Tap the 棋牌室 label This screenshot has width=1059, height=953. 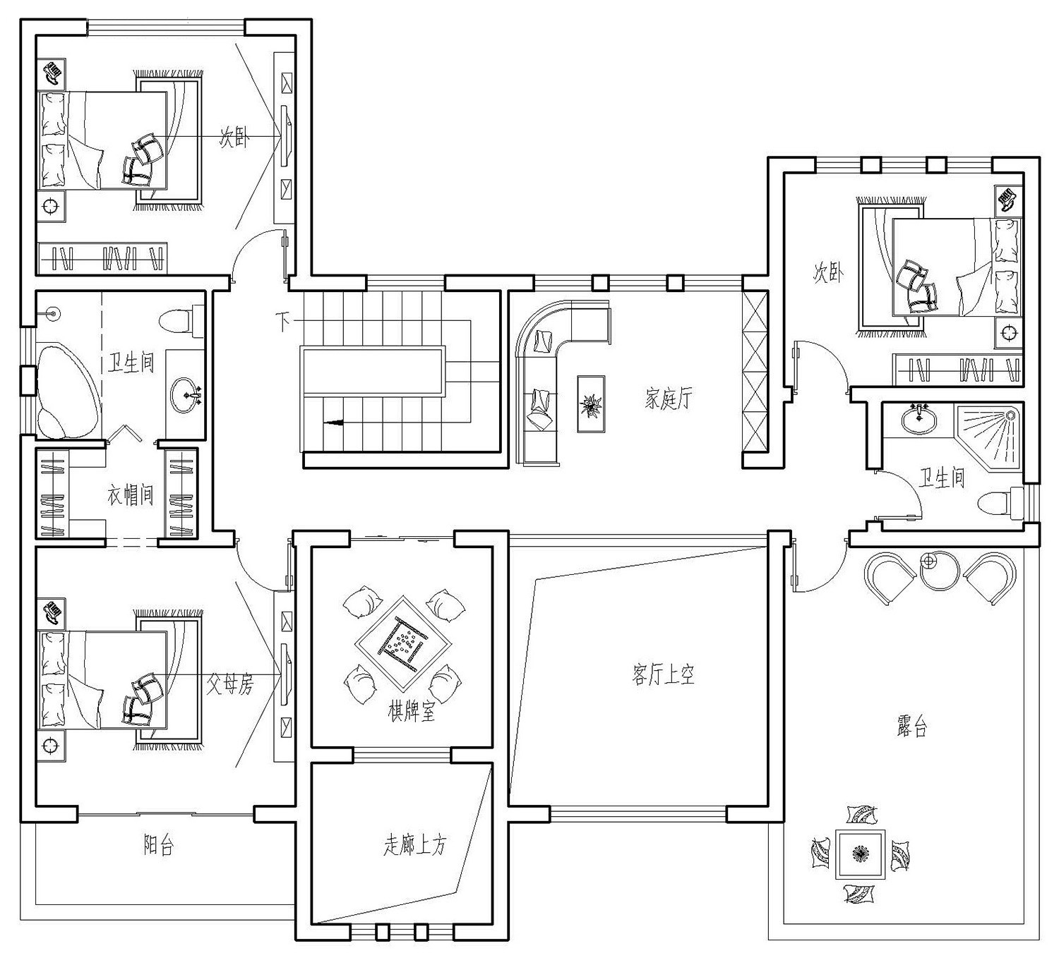[412, 711]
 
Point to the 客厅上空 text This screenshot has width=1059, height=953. [663, 675]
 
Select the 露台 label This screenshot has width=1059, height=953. [911, 727]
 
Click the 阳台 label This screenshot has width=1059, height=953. [158, 845]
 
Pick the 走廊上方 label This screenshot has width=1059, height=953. [414, 844]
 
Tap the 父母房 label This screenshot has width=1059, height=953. [229, 684]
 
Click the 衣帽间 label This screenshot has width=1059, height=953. [131, 494]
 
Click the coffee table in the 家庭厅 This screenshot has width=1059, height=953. [591, 403]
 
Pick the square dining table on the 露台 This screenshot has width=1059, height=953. [859, 854]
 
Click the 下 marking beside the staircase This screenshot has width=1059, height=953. [283, 322]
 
